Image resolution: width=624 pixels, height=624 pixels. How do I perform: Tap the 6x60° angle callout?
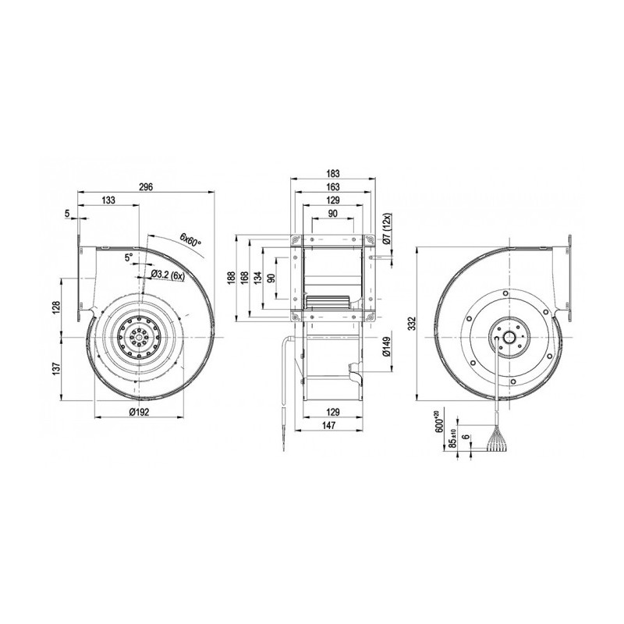(190, 238)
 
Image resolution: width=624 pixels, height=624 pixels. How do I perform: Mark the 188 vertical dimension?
(232, 278)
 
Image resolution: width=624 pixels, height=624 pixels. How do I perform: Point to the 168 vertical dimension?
(246, 278)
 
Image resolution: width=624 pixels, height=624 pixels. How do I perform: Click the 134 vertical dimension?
(259, 278)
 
